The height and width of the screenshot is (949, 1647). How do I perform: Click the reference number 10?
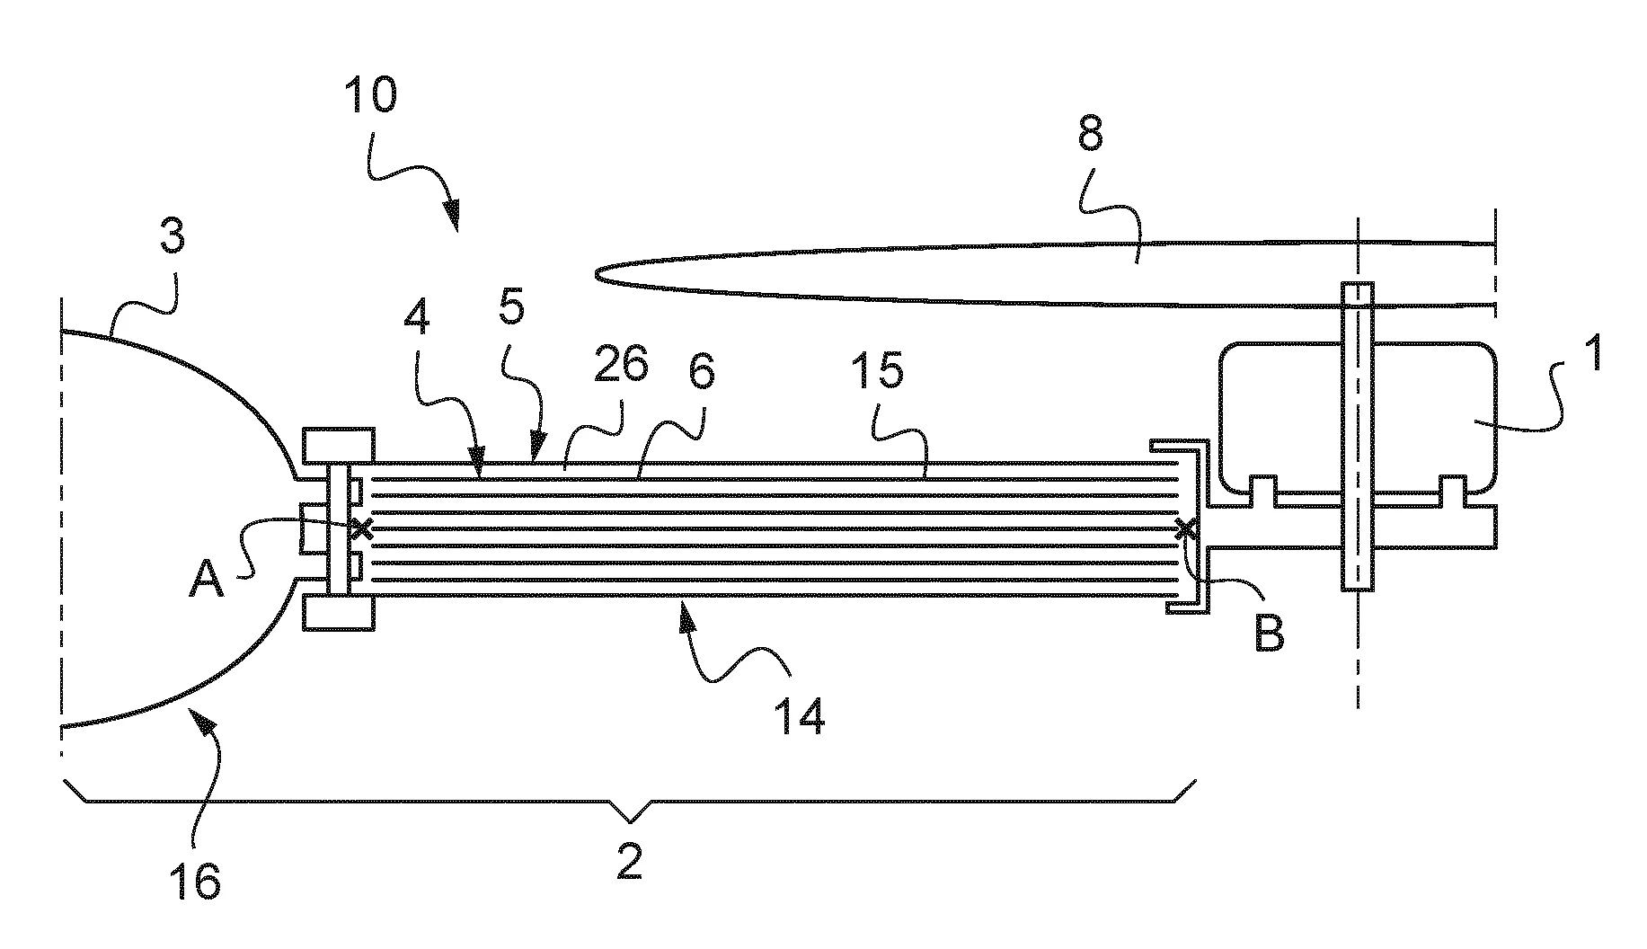(370, 95)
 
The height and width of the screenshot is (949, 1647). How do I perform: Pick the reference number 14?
(798, 717)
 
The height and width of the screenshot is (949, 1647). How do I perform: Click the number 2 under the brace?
(630, 862)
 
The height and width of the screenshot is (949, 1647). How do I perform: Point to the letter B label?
(1268, 634)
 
